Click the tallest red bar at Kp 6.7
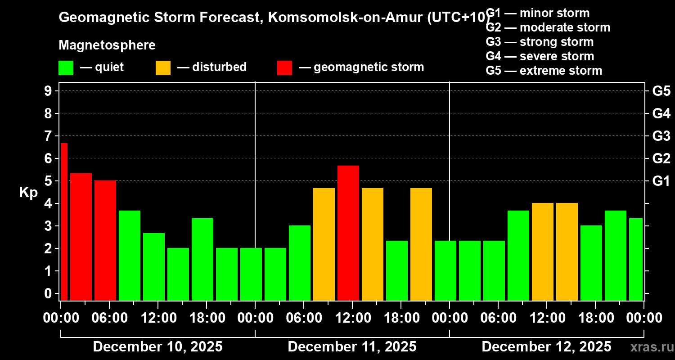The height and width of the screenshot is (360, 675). (x=64, y=221)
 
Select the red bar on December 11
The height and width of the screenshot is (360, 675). (x=348, y=233)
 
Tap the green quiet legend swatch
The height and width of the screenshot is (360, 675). (x=66, y=68)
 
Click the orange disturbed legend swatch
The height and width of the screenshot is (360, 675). (x=163, y=68)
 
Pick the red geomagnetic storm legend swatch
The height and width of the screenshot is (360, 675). (x=284, y=68)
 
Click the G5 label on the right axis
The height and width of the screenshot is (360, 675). (x=661, y=91)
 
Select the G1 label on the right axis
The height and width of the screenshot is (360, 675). (x=661, y=181)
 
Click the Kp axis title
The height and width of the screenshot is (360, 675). (x=28, y=193)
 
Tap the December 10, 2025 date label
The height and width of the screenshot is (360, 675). (x=157, y=347)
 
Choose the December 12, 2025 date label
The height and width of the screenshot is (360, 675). (x=546, y=347)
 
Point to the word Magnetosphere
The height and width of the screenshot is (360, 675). (x=107, y=45)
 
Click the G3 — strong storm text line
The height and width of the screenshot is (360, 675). (x=540, y=42)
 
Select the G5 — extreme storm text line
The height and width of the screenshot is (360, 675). (x=544, y=71)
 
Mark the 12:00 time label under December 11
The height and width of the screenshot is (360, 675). (x=352, y=318)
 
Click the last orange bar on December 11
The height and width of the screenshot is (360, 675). (x=421, y=244)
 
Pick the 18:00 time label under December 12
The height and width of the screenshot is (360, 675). (x=595, y=318)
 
